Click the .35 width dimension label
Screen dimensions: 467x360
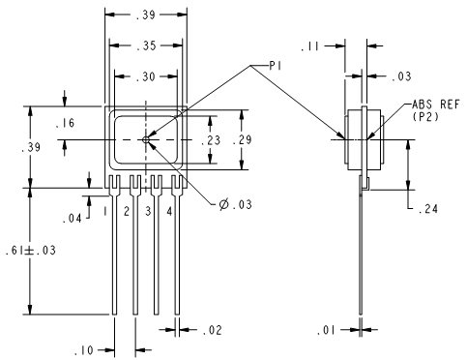146,45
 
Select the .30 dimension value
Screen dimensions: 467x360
146,76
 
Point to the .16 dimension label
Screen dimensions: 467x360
65,123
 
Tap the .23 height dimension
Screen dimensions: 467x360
211,140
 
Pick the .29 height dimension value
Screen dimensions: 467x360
242,140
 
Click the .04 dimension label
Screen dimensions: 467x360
73,219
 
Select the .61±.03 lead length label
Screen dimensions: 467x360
31,251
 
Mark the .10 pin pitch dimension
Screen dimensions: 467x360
84,350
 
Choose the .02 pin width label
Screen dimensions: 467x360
213,330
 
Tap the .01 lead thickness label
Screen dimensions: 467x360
326,330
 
